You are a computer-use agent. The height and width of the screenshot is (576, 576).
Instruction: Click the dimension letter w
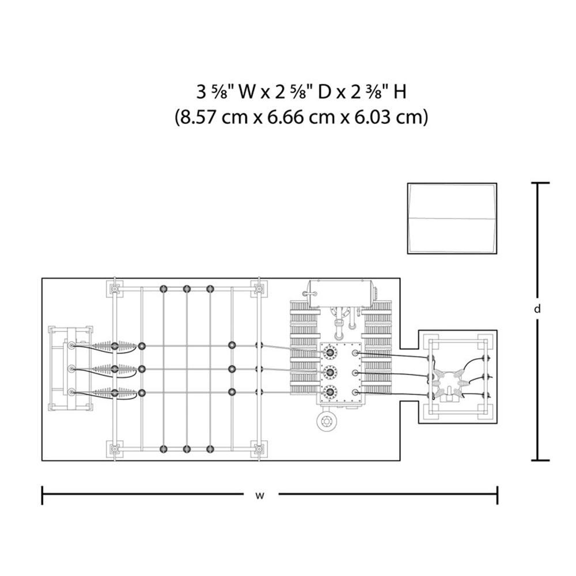pyautogui.click(x=260, y=495)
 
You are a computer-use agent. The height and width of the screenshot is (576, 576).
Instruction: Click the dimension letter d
pyautogui.click(x=537, y=309)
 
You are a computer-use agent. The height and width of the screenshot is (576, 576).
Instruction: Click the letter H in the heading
pyautogui.click(x=400, y=92)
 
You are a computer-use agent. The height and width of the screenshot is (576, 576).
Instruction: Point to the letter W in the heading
pyautogui.click(x=247, y=92)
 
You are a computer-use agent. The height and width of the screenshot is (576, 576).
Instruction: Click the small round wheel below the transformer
pyautogui.click(x=326, y=422)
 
